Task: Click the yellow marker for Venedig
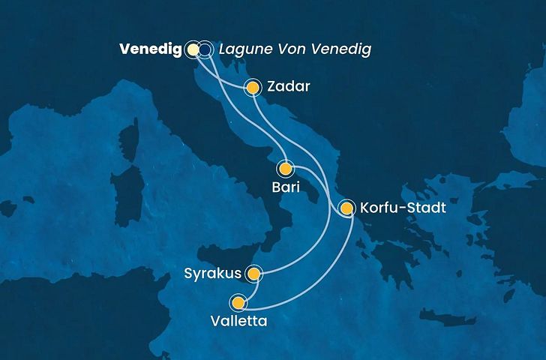(x=193, y=49)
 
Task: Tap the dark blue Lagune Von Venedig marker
(x=205, y=49)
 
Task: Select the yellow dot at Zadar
(x=253, y=88)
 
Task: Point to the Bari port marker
(x=286, y=168)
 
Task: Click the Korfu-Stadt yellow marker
(x=346, y=208)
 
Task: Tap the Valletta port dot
(x=238, y=303)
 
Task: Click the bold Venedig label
(x=150, y=49)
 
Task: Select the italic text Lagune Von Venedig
(x=295, y=49)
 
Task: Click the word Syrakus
(x=212, y=274)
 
